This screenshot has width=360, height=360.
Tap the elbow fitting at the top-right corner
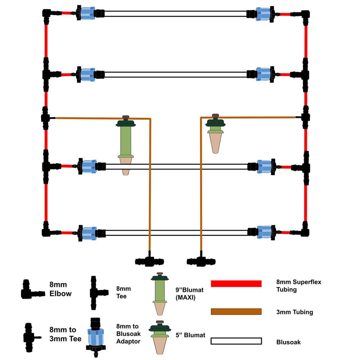pyautogui.click(x=305, y=14)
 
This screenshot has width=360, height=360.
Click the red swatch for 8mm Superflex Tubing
pyautogui.click(x=236, y=283)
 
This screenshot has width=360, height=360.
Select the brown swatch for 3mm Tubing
pyautogui.click(x=236, y=311)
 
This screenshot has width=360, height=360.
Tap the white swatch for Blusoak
pyautogui.click(x=236, y=341)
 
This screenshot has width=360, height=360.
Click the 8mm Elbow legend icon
pyautogui.click(x=31, y=290)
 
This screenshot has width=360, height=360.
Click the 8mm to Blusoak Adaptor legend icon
pyautogui.click(x=96, y=336)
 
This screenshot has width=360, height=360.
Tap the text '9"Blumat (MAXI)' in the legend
pyautogui.click(x=189, y=294)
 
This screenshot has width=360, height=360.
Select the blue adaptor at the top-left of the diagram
pyautogui.click(x=87, y=13)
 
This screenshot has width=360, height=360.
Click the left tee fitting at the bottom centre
pyautogui.click(x=149, y=261)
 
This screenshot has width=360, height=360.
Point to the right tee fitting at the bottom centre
pyautogui.click(x=201, y=261)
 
